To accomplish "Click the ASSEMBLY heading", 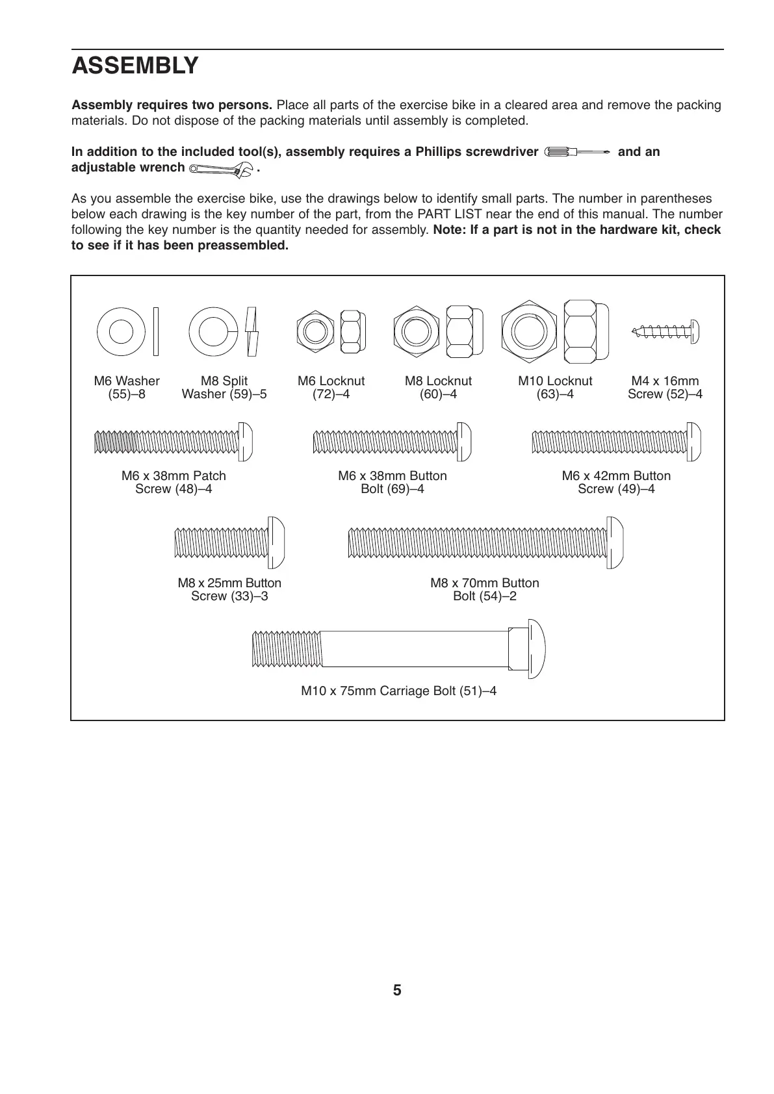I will click(x=135, y=66).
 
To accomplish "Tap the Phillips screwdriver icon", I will click(x=578, y=152).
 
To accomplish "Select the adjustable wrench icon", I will click(x=221, y=170).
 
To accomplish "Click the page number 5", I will click(x=397, y=991).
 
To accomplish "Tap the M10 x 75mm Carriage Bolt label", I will click(x=398, y=691).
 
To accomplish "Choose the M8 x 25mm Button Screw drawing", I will click(x=229, y=543).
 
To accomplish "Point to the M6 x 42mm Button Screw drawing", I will click(x=616, y=442).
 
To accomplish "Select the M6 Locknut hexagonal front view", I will click(x=315, y=331).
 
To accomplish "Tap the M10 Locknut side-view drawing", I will click(x=586, y=332).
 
